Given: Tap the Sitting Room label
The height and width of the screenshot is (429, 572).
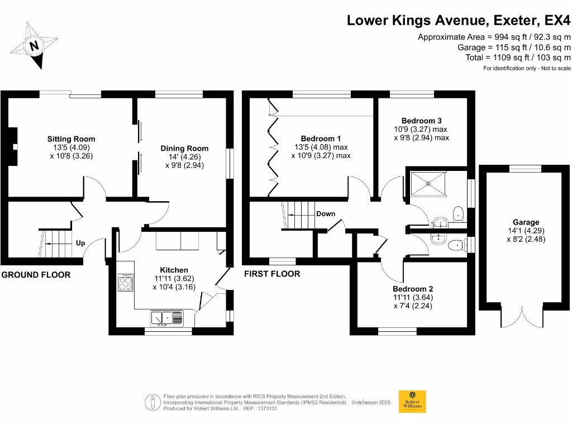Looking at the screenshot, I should [x=71, y=139].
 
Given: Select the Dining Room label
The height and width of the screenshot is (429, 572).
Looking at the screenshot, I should [x=184, y=148].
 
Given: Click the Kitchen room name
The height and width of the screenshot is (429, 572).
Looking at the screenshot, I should [x=174, y=270].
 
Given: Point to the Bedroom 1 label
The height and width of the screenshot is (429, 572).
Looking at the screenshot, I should [x=321, y=139].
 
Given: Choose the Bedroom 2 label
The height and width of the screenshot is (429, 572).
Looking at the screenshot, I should [x=412, y=289].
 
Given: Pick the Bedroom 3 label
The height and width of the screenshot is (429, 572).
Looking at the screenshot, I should [x=421, y=121].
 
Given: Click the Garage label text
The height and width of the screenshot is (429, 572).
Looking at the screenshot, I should [x=526, y=222].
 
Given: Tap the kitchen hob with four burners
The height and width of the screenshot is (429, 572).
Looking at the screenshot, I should [x=125, y=283].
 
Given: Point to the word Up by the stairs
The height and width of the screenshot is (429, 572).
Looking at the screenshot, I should [x=80, y=244].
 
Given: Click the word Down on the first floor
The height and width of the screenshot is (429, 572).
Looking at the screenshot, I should [x=326, y=214].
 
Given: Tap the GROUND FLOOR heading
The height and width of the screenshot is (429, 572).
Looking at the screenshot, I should [x=36, y=275].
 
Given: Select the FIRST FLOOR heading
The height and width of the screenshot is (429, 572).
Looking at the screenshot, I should [x=272, y=274].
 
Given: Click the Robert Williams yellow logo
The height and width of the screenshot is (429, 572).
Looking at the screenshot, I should [x=412, y=401].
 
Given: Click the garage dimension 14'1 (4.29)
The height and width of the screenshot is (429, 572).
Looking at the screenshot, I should [x=526, y=231].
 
